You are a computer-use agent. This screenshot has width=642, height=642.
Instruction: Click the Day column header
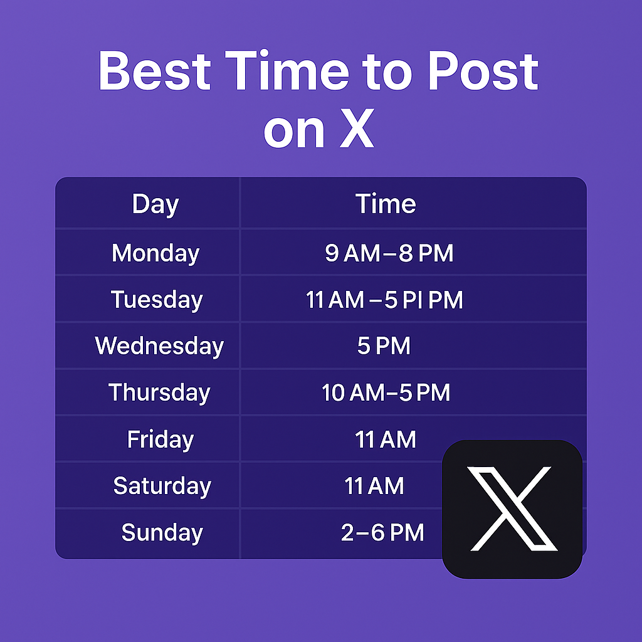[155, 204]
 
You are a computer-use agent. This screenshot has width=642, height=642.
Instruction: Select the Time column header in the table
[385, 204]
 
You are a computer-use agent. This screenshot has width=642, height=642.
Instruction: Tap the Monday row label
[155, 253]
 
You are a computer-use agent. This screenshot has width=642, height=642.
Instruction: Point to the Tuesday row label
[157, 300]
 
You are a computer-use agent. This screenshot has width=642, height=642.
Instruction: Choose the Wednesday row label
[159, 346]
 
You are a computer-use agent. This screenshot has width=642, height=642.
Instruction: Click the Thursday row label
[159, 392]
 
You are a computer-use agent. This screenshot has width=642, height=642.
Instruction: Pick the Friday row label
[160, 439]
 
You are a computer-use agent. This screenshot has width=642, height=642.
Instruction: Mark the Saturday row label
[162, 486]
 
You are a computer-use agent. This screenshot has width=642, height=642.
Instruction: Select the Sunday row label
[162, 533]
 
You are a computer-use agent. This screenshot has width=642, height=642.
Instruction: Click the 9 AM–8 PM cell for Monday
[389, 253]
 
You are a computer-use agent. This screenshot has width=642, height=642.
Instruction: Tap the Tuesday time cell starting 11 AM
[384, 300]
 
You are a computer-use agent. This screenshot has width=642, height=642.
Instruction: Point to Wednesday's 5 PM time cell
[384, 346]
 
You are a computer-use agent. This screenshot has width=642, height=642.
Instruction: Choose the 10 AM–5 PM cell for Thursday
[386, 392]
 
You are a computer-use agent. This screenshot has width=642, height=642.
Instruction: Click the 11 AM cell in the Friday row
[385, 439]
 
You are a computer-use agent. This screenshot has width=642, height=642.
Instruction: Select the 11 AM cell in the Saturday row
[374, 486]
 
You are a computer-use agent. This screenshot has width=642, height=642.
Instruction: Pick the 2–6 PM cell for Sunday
[382, 533]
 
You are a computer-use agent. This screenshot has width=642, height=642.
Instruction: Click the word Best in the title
[154, 70]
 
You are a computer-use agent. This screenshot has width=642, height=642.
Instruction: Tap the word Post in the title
[483, 70]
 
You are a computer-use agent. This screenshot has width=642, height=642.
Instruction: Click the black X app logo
[512, 508]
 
